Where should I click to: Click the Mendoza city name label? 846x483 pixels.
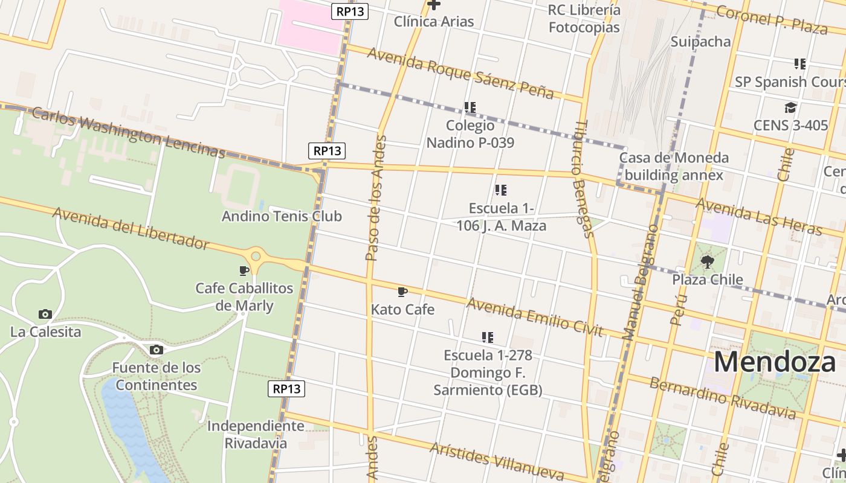coord(779,362)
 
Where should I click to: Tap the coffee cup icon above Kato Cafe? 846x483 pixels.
coord(402,292)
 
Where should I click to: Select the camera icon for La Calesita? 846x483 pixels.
coord(45,314)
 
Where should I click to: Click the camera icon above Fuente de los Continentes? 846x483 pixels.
coord(156,350)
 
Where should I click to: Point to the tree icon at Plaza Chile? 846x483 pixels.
coord(707,262)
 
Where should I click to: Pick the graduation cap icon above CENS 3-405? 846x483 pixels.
coord(790,108)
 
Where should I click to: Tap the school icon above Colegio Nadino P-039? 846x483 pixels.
coord(470,107)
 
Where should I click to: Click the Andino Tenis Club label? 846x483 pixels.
coord(282,216)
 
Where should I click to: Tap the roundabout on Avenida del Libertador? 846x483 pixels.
coord(256,256)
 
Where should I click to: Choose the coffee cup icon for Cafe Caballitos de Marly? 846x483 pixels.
coord(244,270)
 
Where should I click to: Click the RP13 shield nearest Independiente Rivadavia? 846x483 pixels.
coord(286,389)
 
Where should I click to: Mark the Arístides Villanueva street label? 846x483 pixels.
coord(496,461)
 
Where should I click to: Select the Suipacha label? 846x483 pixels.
coord(700,42)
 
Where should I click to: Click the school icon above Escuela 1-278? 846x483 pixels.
coord(488,337)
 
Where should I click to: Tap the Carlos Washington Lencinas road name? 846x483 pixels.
coord(128,132)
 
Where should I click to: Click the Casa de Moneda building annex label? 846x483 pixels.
coord(674,167)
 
